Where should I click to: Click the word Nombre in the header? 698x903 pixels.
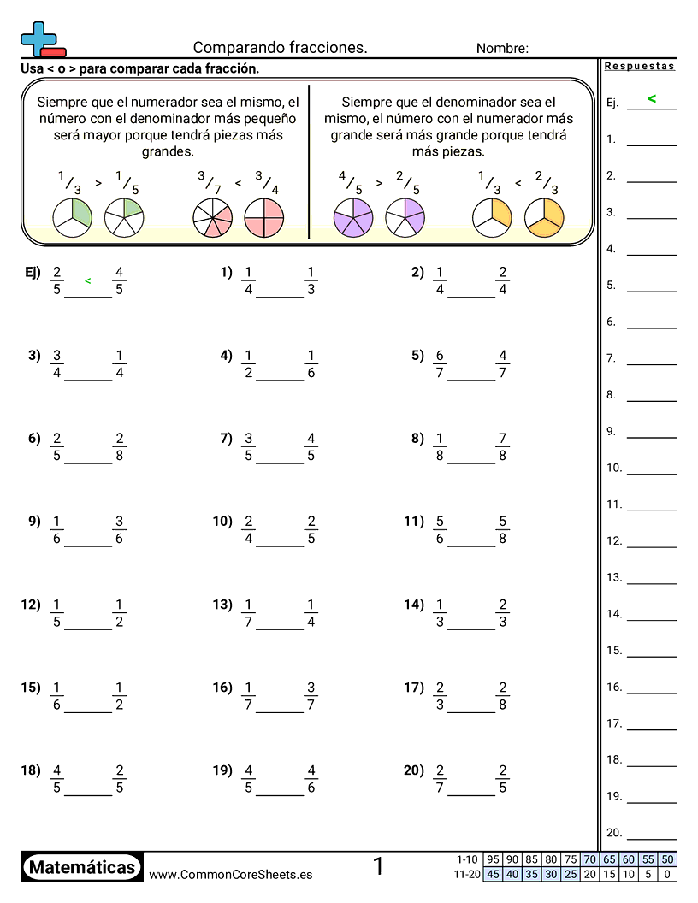(x=502, y=49)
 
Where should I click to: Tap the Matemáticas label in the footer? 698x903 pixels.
(x=82, y=868)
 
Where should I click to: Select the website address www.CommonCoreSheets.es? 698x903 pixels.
(x=230, y=874)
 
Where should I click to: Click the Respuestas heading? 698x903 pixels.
(x=639, y=66)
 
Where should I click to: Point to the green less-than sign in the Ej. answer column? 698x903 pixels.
(x=652, y=99)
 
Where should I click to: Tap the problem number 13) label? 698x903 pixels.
(x=222, y=605)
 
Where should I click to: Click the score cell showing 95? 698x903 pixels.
(x=493, y=859)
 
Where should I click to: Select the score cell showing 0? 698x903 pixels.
(x=667, y=874)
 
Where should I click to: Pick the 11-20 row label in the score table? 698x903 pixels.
(x=468, y=874)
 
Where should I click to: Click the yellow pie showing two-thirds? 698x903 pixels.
(x=544, y=217)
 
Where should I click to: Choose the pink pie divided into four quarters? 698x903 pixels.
(x=263, y=217)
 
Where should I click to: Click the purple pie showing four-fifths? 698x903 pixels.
(x=352, y=217)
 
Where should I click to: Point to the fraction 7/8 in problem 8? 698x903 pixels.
(x=502, y=447)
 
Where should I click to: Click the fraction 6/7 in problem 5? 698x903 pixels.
(x=440, y=364)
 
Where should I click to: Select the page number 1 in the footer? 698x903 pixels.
(x=378, y=867)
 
